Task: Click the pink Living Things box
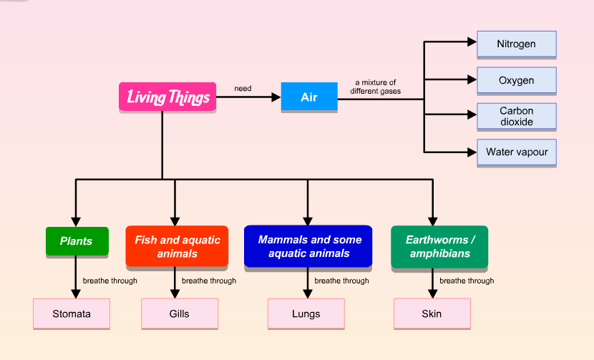coord(167,97)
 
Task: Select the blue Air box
coord(309,97)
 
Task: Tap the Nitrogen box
coord(516,44)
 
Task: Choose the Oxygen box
coord(516,80)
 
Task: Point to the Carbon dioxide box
coord(516,116)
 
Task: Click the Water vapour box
coord(516,152)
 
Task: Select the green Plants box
coord(76,241)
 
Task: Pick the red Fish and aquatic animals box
coord(177,246)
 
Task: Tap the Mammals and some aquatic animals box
coord(308,246)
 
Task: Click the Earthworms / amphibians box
coord(439,246)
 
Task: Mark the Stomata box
coord(72,313)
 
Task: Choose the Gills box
coord(180,313)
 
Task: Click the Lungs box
coord(306,313)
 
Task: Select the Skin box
coord(432,313)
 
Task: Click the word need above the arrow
coord(243,89)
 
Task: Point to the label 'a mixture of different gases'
coord(375,87)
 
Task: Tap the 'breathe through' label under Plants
coord(109,281)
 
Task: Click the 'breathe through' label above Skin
coord(467,281)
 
